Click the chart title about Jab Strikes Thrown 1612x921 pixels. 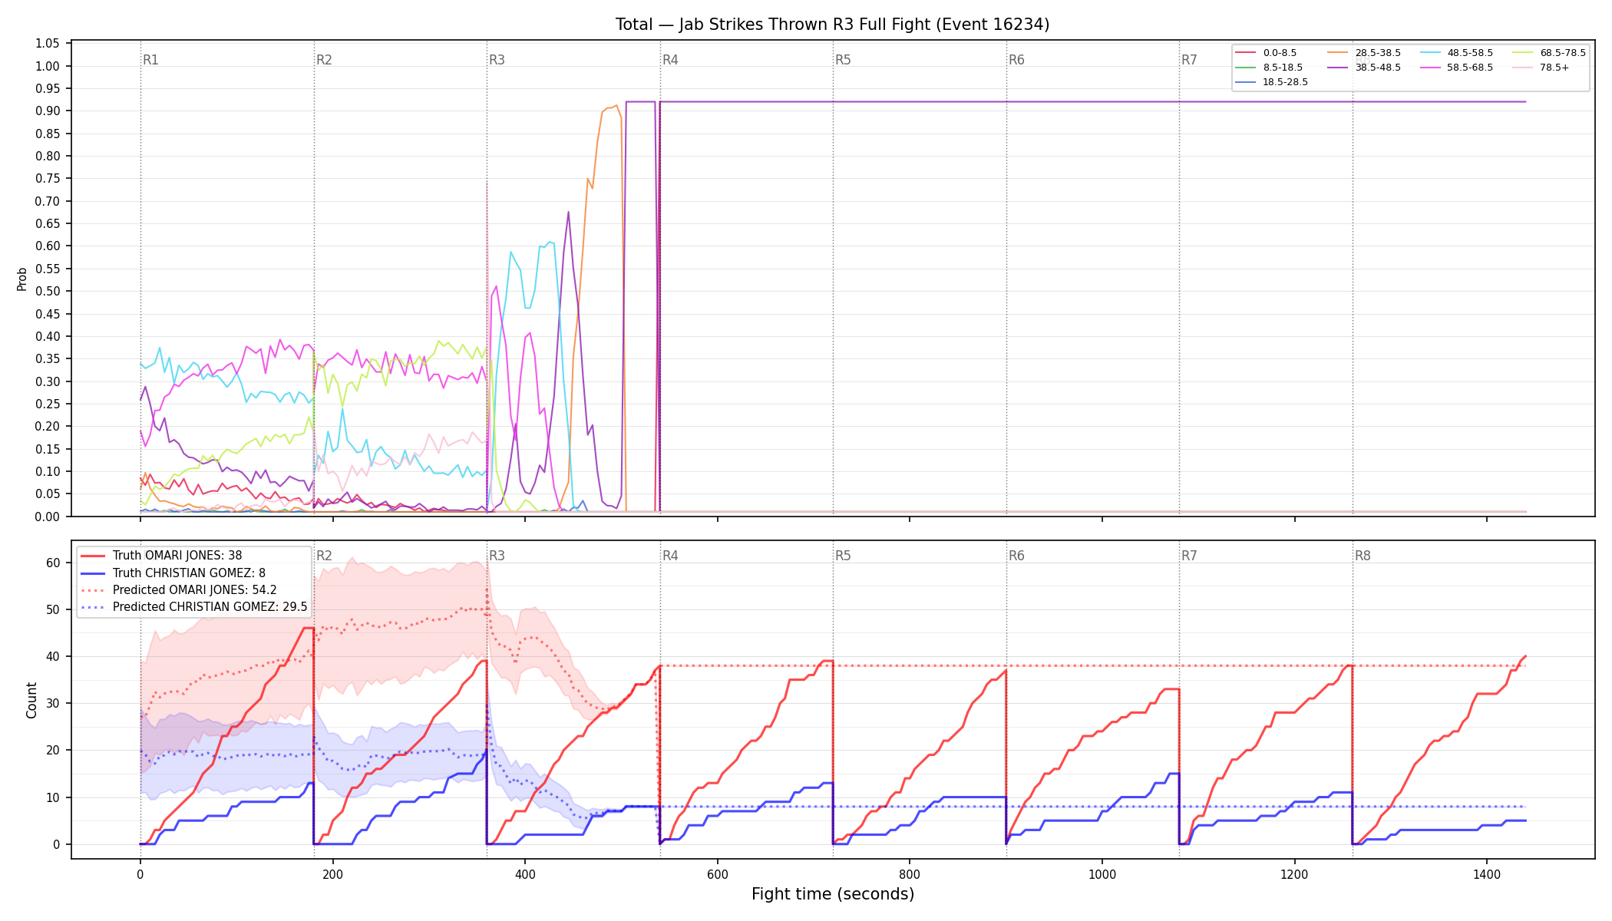coord(832,25)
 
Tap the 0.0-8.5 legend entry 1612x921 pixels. coord(1266,53)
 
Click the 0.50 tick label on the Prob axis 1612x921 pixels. coord(48,291)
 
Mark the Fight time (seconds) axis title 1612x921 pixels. coord(833,894)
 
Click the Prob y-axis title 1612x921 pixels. coord(22,279)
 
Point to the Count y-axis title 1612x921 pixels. coord(31,700)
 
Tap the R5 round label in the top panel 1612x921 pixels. coord(843,60)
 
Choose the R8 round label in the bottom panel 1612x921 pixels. coord(1362,556)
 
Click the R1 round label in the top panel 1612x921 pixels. coord(150,60)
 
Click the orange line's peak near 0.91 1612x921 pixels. coord(616,106)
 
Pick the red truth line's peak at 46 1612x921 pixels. coord(308,629)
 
